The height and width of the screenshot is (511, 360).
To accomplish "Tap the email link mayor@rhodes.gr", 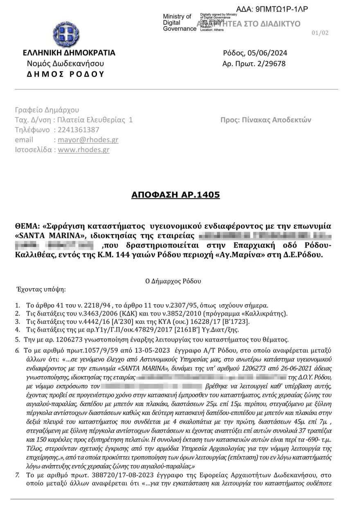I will coord(88,140).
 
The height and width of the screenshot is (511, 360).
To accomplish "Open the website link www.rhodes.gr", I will coord(83,150).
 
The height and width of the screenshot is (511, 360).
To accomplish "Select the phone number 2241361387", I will coord(79,130).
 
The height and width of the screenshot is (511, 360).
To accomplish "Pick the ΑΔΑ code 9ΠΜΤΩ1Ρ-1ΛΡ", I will coord(278,9).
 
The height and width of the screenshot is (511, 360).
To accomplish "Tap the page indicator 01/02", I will coord(319,33).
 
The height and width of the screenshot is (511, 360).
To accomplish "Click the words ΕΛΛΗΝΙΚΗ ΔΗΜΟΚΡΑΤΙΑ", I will coord(69,53).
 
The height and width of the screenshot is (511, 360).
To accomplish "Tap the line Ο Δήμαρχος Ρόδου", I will coord(173,281).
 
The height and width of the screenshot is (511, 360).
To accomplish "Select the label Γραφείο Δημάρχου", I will coord(47,110).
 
